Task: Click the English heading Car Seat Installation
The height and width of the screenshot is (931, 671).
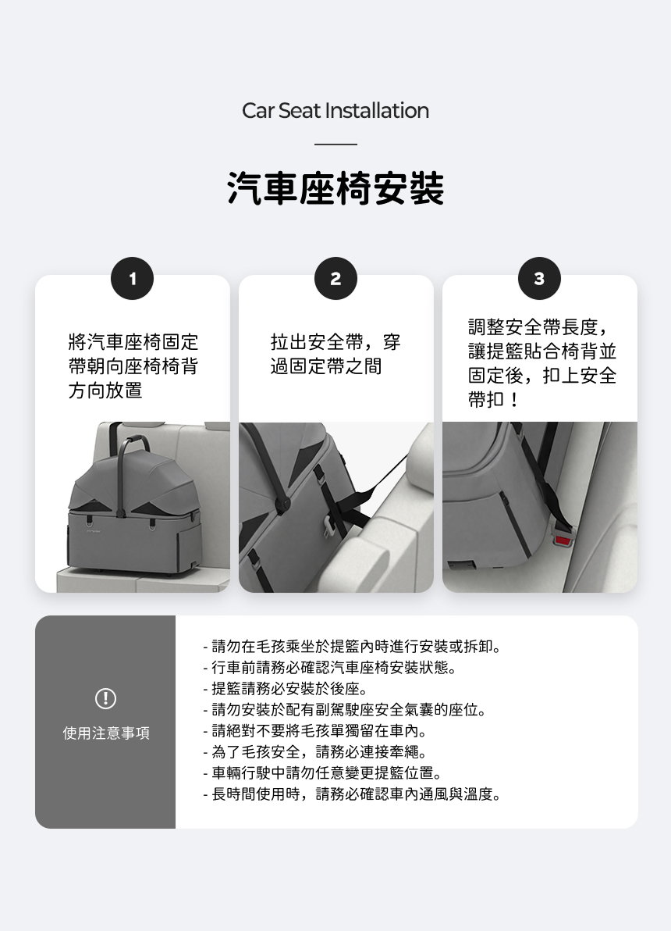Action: coord(335,111)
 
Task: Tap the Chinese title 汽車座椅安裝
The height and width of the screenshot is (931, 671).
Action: coord(335,189)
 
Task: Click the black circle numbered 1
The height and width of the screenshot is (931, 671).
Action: coord(133,279)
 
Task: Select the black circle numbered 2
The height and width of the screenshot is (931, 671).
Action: coord(335,279)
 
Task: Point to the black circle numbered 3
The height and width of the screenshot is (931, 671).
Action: coord(539,279)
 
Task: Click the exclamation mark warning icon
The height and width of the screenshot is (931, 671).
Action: coord(105,698)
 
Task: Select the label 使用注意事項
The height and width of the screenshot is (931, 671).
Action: coord(106,733)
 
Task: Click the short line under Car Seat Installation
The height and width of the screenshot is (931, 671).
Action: coord(335,144)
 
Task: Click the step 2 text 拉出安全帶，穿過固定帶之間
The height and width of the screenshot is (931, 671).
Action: coord(335,354)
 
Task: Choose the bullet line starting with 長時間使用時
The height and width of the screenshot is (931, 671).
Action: coord(353,794)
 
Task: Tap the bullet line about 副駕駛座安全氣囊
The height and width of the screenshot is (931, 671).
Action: coord(345,709)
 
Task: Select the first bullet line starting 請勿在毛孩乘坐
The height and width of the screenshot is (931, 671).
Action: coord(353,647)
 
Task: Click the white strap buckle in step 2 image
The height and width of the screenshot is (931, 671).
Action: coord(328,524)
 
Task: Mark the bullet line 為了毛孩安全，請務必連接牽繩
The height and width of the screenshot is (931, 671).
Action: coord(315,751)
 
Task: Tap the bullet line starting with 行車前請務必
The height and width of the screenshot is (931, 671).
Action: coord(330,667)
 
